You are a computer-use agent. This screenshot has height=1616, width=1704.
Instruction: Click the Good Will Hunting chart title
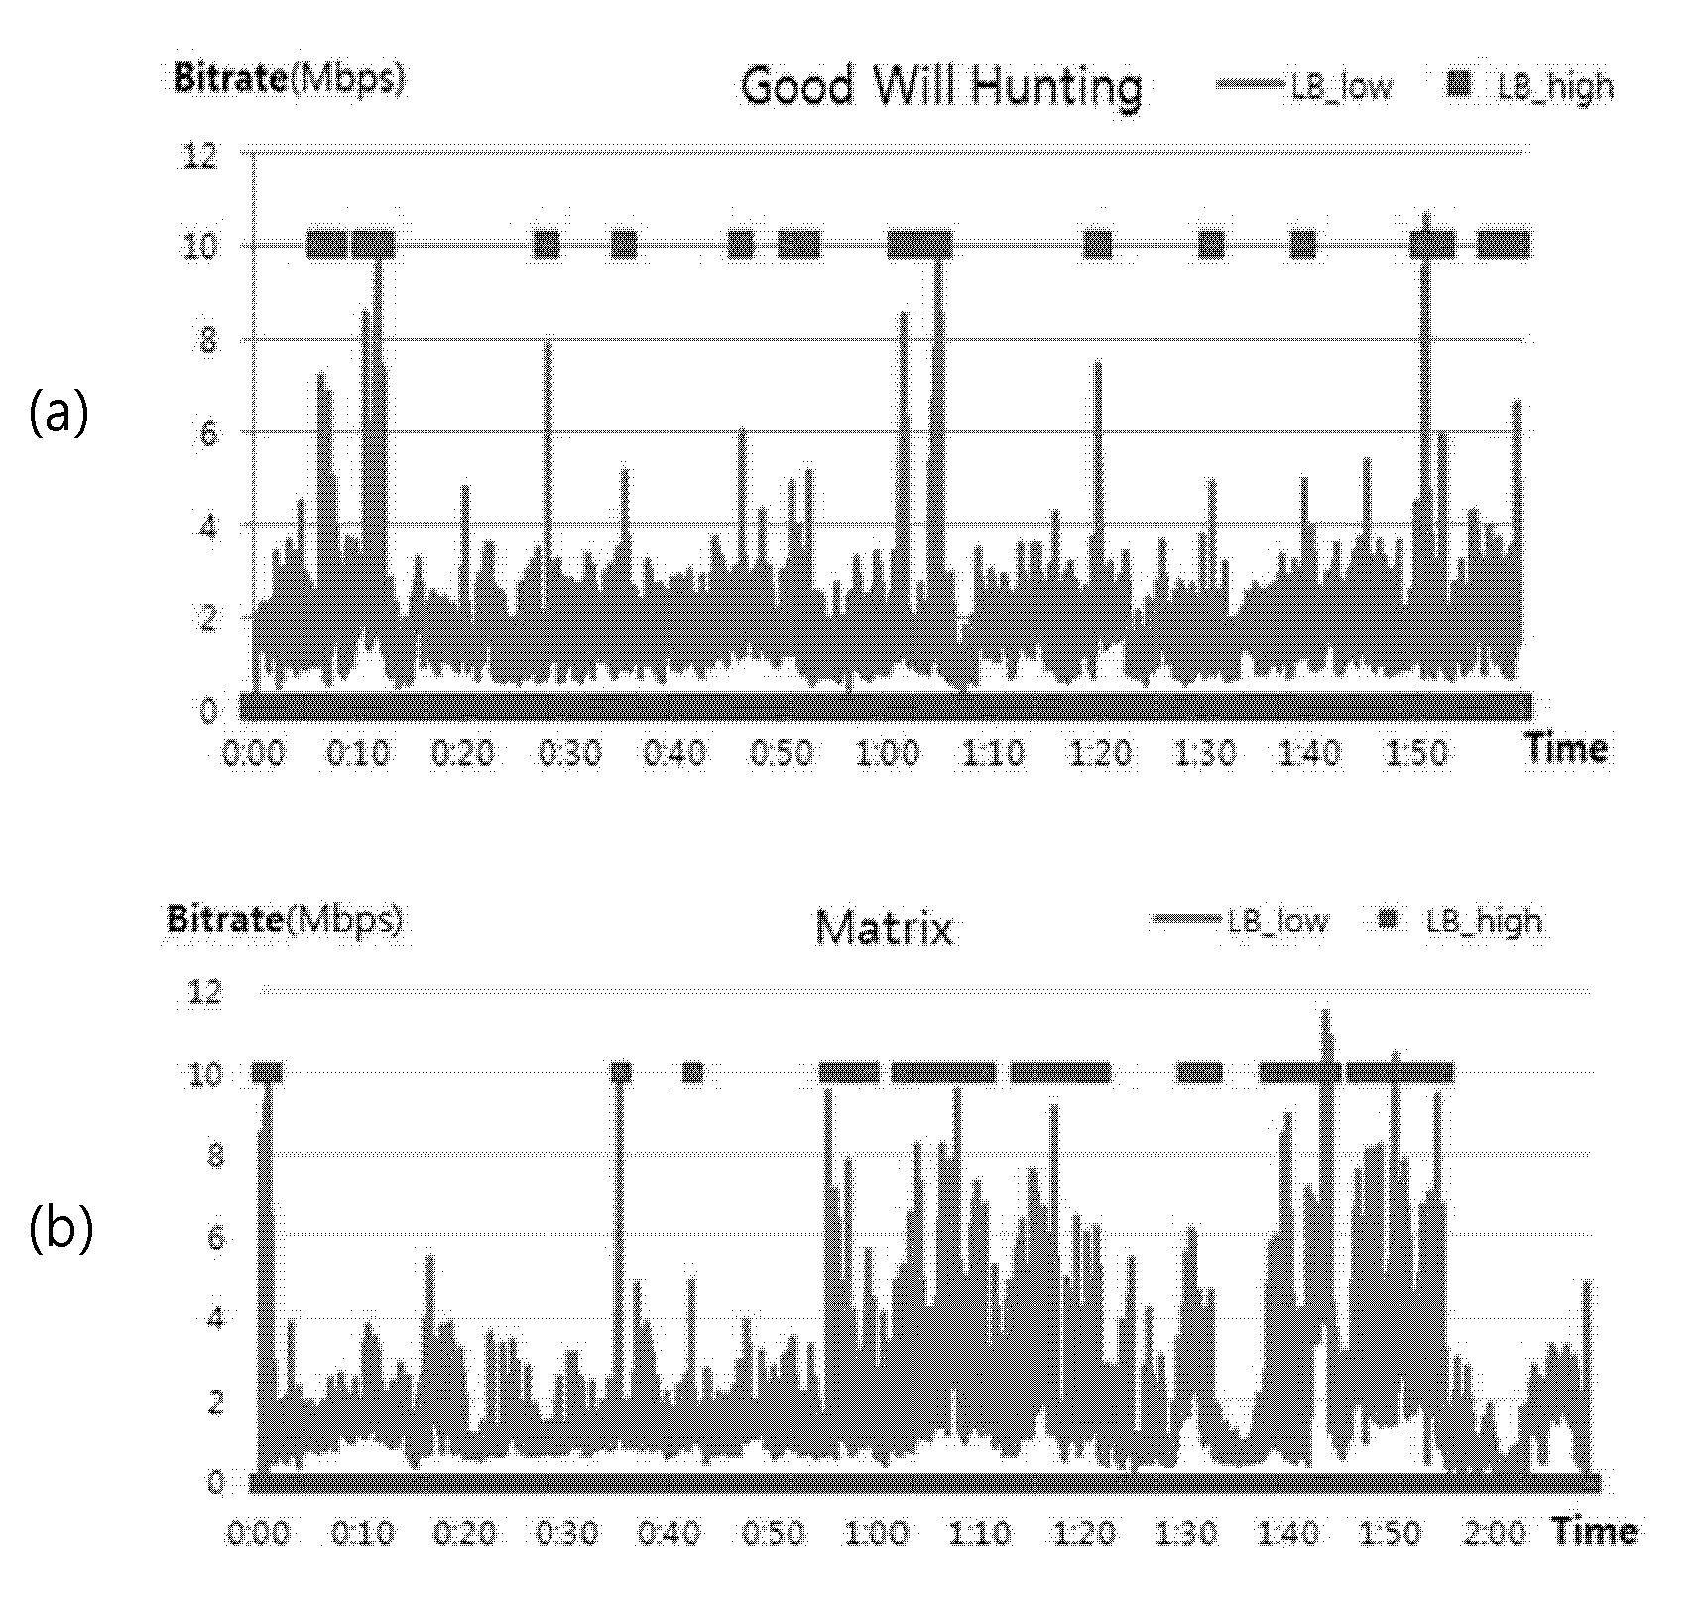point(941,87)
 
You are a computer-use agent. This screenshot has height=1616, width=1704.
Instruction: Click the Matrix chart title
point(884,929)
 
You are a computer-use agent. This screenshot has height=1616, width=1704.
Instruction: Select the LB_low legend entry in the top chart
point(1305,87)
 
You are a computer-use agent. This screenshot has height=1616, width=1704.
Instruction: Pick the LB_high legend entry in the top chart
point(1530,87)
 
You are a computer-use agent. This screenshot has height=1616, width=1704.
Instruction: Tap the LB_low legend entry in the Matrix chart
point(1241,921)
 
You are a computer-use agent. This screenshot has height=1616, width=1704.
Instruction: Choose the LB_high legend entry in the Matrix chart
point(1461,922)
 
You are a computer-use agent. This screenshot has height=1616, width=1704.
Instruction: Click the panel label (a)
point(60,413)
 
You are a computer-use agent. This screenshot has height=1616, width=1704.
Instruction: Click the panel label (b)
point(61,1228)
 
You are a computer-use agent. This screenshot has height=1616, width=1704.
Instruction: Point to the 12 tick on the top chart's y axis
point(199,155)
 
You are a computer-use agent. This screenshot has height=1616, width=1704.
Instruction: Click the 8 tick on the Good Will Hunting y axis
point(207,341)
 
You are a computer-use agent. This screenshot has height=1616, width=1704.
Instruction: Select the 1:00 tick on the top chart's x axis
point(888,754)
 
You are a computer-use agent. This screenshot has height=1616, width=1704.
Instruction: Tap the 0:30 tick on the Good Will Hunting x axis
point(569,754)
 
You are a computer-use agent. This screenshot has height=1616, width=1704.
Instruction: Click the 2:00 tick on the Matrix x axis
point(1495,1533)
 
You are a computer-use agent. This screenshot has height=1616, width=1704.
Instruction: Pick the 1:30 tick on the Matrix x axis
point(1186,1533)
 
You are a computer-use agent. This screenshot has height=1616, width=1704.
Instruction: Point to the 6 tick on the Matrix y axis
point(214,1237)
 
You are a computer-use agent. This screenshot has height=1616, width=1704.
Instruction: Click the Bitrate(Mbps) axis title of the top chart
point(290,77)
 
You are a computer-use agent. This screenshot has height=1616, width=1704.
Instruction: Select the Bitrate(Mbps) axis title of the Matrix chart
point(285,920)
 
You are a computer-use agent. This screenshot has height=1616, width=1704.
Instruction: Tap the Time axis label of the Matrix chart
point(1594,1531)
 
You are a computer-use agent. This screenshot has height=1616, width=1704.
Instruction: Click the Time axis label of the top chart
point(1566,748)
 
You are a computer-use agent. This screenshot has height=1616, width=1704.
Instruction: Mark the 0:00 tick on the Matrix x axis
point(259,1533)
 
